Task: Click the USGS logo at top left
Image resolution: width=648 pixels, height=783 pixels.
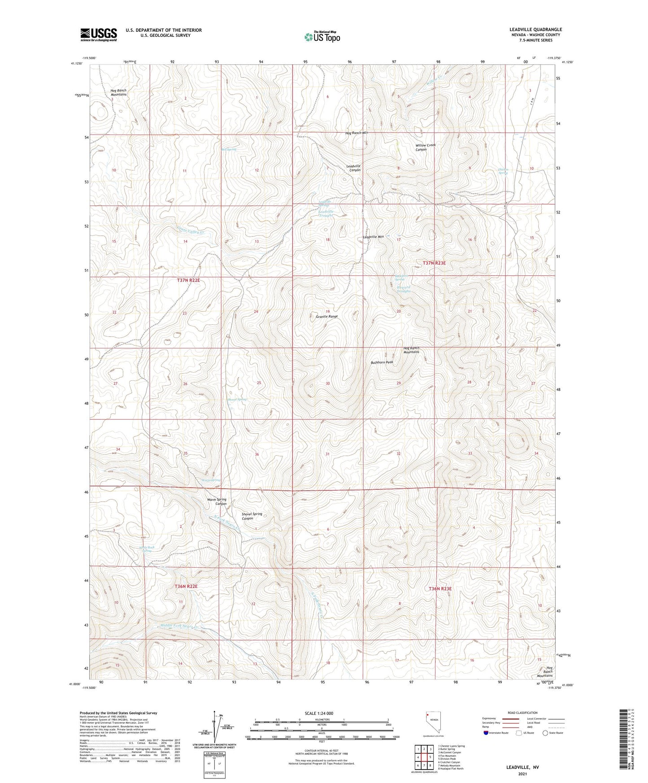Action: pos(99,35)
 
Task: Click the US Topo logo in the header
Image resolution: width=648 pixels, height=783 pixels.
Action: pos(322,36)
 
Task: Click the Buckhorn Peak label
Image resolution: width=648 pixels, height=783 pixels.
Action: pos(382,362)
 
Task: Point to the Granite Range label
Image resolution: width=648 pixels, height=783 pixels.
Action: pos(326,317)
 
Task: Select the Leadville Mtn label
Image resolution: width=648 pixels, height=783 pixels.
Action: pos(373,237)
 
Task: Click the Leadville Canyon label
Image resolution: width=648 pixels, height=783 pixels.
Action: pos(353,168)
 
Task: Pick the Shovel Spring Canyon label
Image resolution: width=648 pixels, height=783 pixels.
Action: pos(252,516)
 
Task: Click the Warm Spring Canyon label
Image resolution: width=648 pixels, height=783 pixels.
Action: pos(217,501)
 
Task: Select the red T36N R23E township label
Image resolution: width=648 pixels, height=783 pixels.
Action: pos(439,588)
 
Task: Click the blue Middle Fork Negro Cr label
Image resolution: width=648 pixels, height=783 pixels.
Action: pos(185,626)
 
